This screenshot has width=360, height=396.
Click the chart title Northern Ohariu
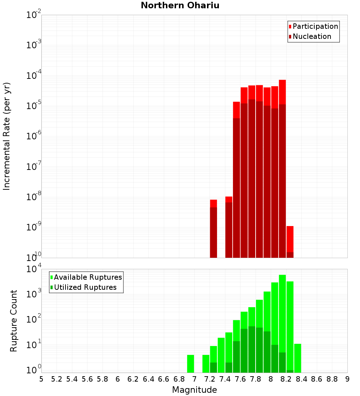point(180,5)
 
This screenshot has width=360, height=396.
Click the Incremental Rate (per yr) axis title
point(7,136)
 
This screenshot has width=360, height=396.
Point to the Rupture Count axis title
point(14,321)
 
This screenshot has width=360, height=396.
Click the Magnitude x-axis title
point(194,390)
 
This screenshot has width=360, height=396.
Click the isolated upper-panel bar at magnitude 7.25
point(213,229)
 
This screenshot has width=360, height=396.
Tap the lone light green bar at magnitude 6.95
point(190,364)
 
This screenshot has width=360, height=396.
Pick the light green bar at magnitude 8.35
point(298,358)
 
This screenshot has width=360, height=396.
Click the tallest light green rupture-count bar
point(282,324)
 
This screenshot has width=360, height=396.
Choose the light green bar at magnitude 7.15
point(206,364)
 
